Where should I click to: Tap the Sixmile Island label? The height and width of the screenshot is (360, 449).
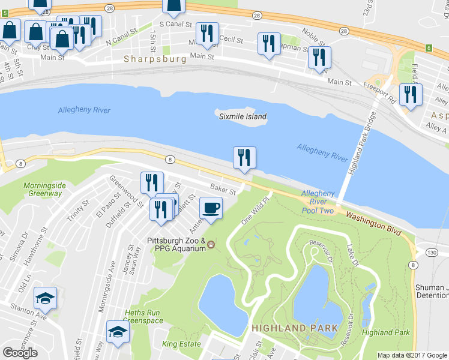243,116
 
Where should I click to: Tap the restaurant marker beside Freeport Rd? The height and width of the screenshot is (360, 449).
411,95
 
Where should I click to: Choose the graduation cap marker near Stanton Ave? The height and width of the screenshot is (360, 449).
45,298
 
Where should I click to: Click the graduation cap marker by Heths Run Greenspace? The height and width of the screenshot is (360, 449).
117,331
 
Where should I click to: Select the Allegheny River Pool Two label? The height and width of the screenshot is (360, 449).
318,202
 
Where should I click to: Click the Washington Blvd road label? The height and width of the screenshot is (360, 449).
372,224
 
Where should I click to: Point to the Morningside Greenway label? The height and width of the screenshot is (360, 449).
44,190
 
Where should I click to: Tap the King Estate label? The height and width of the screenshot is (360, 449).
181,344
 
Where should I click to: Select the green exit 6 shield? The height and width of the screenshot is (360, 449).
429,47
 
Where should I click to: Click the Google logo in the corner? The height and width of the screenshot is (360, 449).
20,353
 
